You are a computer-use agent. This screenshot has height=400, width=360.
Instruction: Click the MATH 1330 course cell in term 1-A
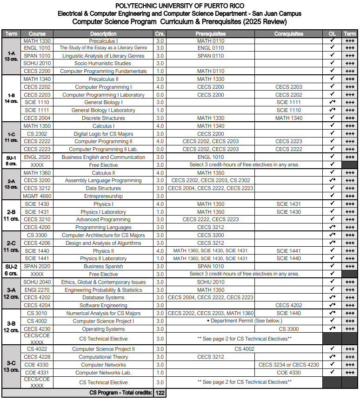point(37,40)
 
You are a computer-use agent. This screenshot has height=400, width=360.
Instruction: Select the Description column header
point(103,34)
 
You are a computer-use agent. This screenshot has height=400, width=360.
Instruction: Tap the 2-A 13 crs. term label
point(11,184)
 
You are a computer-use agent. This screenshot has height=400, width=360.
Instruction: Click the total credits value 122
point(160,393)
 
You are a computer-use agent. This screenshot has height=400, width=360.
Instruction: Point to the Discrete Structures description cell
point(103,118)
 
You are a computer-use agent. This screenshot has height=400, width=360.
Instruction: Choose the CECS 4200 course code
point(37,227)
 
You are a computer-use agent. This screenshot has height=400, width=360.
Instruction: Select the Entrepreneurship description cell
point(103,196)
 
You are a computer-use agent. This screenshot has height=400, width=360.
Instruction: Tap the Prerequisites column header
point(210,34)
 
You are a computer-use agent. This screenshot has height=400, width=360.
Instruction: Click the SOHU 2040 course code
point(37,282)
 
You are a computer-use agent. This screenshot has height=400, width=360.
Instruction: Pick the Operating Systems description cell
point(103,329)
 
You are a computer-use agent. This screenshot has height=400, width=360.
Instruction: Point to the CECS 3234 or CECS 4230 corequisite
point(288,365)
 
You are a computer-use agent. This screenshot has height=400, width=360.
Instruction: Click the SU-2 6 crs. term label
point(11,270)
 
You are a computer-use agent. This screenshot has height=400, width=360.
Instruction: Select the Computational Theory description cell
point(103,357)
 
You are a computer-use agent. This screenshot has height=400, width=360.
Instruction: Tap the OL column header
point(332,34)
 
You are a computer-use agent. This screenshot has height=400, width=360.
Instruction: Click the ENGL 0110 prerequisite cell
point(210,48)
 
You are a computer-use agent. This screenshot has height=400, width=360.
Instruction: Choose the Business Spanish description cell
point(103,266)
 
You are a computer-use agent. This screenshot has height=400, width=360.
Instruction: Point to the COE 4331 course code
point(37,373)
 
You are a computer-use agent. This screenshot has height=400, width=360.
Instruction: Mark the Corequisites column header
point(288,34)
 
